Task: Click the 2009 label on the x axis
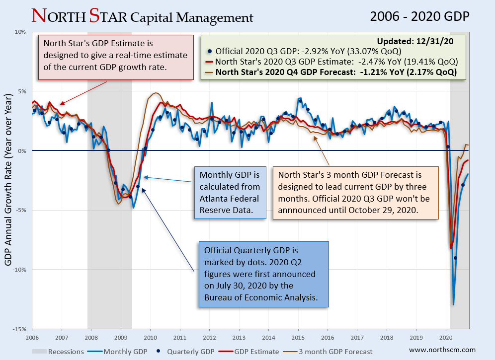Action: (x=121, y=337)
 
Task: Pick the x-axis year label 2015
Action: (x=298, y=337)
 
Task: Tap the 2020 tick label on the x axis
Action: (x=446, y=337)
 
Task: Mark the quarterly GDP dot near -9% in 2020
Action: (x=455, y=258)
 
